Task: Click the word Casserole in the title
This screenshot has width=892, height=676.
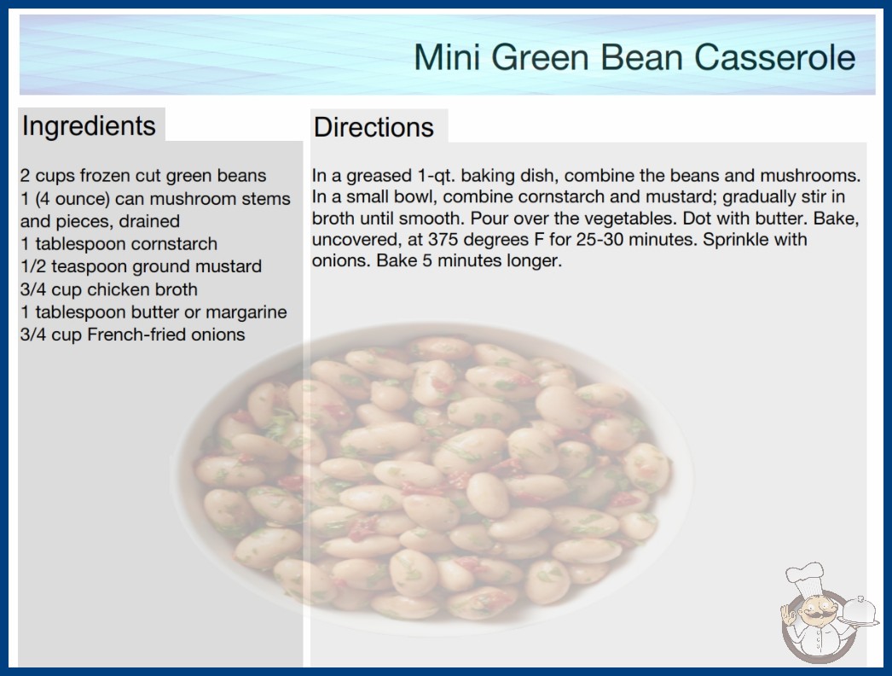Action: click(x=774, y=57)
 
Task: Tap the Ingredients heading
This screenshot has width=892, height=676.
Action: click(x=89, y=126)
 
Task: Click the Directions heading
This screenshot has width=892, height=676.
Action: click(x=374, y=127)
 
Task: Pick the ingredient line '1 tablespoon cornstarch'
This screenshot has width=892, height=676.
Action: click(x=119, y=244)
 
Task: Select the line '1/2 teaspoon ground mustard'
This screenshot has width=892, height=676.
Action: click(x=141, y=266)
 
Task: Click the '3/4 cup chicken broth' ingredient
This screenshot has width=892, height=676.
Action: click(x=109, y=289)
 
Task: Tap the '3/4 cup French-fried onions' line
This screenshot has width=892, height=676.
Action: click(x=132, y=335)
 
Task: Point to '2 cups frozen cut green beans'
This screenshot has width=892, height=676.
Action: click(x=143, y=176)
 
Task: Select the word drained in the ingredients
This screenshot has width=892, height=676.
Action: click(x=149, y=221)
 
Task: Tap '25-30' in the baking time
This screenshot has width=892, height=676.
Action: click(x=599, y=239)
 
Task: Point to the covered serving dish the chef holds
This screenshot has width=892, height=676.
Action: click(x=860, y=611)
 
